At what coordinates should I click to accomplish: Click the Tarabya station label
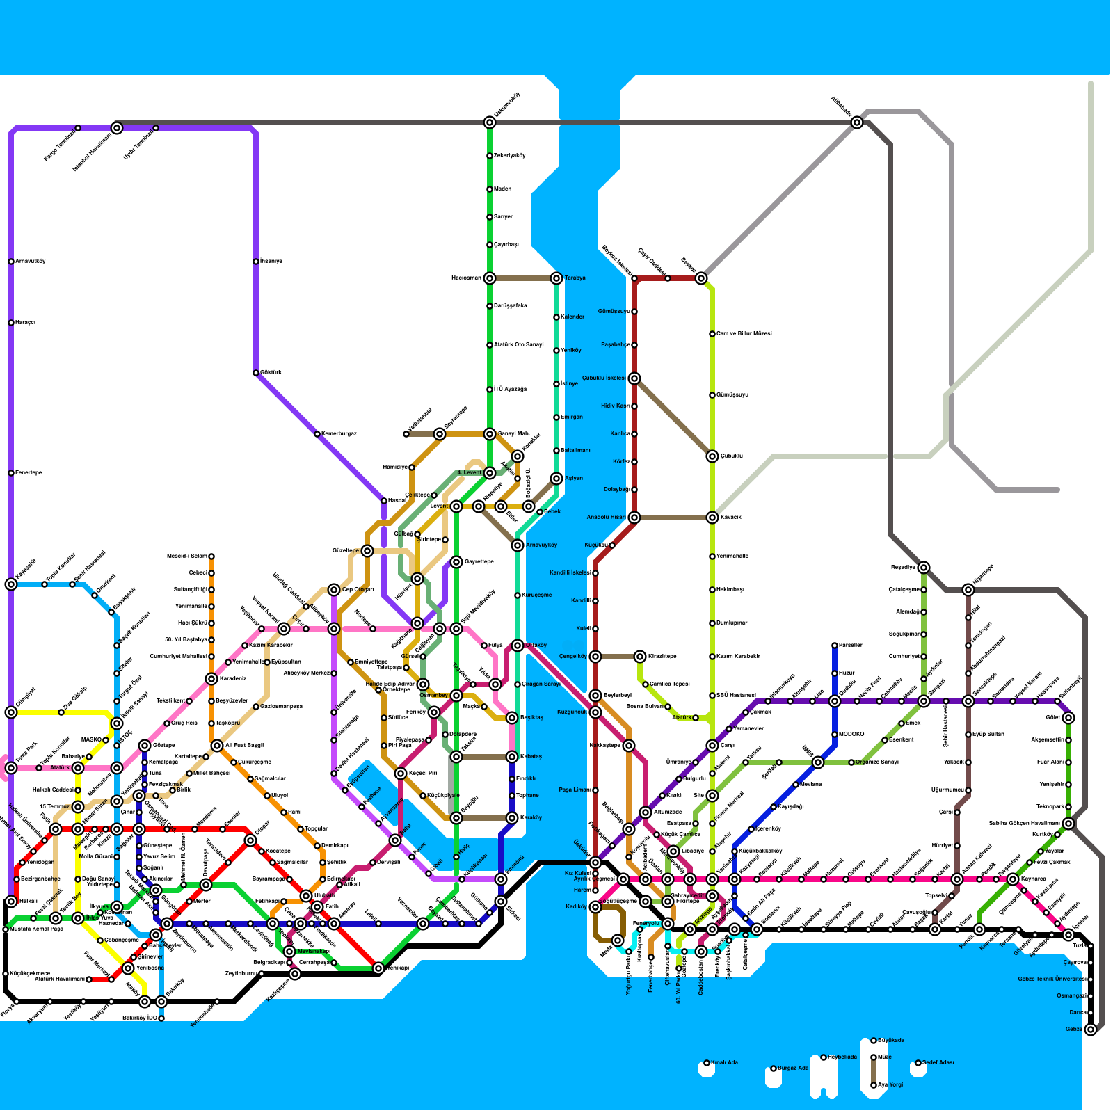click(575, 278)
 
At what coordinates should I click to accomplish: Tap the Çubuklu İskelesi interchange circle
click(634, 378)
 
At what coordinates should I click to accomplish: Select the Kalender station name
click(572, 317)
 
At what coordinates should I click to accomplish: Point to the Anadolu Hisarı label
click(606, 518)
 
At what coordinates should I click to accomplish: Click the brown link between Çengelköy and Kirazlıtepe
click(618, 657)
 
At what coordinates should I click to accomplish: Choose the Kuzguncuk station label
click(573, 712)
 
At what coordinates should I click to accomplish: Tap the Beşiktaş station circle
click(512, 718)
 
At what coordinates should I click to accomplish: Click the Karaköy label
click(531, 818)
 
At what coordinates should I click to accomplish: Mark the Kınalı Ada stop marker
click(707, 1063)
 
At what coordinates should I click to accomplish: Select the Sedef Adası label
click(938, 1063)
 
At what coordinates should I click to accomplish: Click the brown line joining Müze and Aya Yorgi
click(874, 1071)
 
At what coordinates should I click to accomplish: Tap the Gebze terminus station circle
click(1091, 1030)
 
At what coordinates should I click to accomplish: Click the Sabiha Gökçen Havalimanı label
click(1025, 824)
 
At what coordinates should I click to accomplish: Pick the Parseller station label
click(851, 646)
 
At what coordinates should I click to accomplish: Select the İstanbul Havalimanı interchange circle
click(117, 128)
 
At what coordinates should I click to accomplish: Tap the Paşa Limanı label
click(575, 790)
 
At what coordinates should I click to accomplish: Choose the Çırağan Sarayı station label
click(542, 684)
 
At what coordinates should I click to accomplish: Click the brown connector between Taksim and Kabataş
click(484, 757)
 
